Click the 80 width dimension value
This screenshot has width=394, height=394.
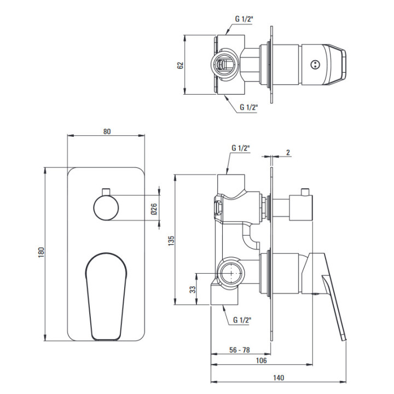pyautogui.click(x=107, y=131)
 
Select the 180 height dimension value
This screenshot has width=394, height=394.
pyautogui.click(x=41, y=252)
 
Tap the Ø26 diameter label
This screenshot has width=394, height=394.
pyautogui.click(x=154, y=209)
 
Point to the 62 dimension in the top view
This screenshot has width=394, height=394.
pyautogui.click(x=181, y=65)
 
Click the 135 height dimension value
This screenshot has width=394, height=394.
pyautogui.click(x=171, y=240)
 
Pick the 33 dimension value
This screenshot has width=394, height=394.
pyautogui.click(x=193, y=289)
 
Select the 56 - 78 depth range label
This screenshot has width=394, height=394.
pyautogui.click(x=240, y=350)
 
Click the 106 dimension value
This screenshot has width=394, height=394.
pyautogui.click(x=261, y=360)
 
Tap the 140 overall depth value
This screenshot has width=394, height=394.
pyautogui.click(x=279, y=378)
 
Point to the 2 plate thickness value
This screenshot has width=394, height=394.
pyautogui.click(x=288, y=152)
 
